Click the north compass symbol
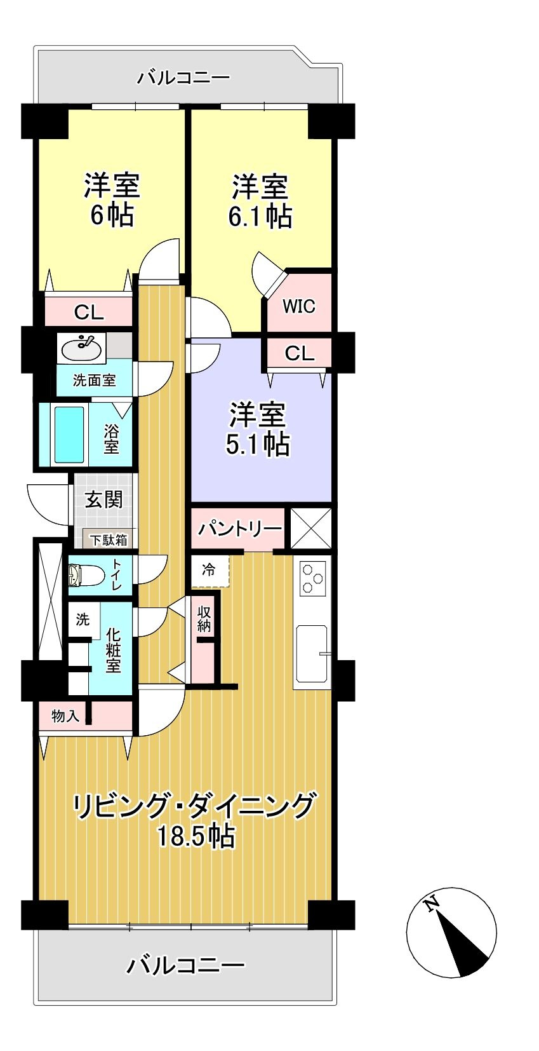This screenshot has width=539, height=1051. coord(451,932)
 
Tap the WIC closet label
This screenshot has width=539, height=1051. coord(298,306)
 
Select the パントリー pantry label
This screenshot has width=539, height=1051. coord(239,529)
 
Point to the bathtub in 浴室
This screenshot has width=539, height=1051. coord(69,435)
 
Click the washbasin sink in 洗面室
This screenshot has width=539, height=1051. coord(81,348)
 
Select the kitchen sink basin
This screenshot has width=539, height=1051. coord(312,651)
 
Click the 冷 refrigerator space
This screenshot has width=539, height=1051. coord(209,570)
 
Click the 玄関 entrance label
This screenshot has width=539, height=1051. coord(104,500)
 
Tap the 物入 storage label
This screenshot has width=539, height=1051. coord(65,716)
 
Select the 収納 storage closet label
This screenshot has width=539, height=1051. coord(204,619)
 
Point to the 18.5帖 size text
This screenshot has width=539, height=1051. coord(196,836)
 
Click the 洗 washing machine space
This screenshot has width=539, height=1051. coord(83,620)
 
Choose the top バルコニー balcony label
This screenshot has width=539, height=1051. coord(184,78)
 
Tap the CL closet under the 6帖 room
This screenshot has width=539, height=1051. coord(89,312)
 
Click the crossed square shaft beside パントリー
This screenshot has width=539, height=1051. coord(311,529)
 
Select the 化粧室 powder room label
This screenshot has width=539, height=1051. coord(113,649)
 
